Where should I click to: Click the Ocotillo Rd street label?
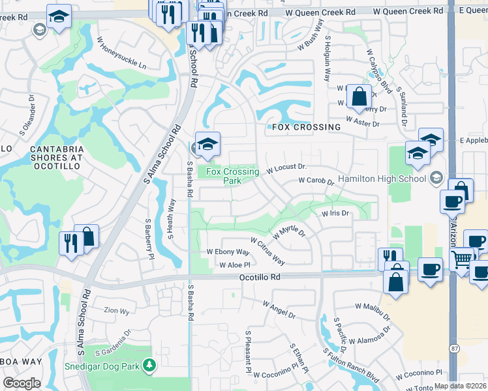point(258,277)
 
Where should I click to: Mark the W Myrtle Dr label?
point(290,231)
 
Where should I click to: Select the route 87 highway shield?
point(453,349)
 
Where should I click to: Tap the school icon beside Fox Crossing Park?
point(207,144)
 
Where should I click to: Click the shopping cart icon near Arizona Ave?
point(462,261)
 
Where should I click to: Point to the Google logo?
point(22,383)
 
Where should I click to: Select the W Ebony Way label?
point(228,252)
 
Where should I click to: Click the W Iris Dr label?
point(335,213)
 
